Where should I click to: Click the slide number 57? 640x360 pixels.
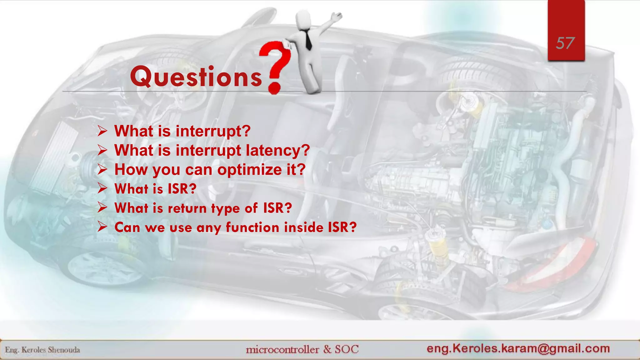(565, 43)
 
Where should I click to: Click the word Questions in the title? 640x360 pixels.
(196, 77)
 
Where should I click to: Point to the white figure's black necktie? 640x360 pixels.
(308, 41)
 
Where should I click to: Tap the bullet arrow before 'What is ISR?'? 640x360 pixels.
(102, 188)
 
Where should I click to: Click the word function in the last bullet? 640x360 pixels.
(252, 227)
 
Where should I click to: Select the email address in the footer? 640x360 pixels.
(518, 348)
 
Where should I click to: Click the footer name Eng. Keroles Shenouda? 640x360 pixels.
(42, 350)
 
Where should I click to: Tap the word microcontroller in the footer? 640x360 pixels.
(282, 349)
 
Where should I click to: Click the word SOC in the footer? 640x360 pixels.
(347, 349)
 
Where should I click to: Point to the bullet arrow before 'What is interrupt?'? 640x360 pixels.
(102, 131)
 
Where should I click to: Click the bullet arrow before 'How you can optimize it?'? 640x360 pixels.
(102, 169)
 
